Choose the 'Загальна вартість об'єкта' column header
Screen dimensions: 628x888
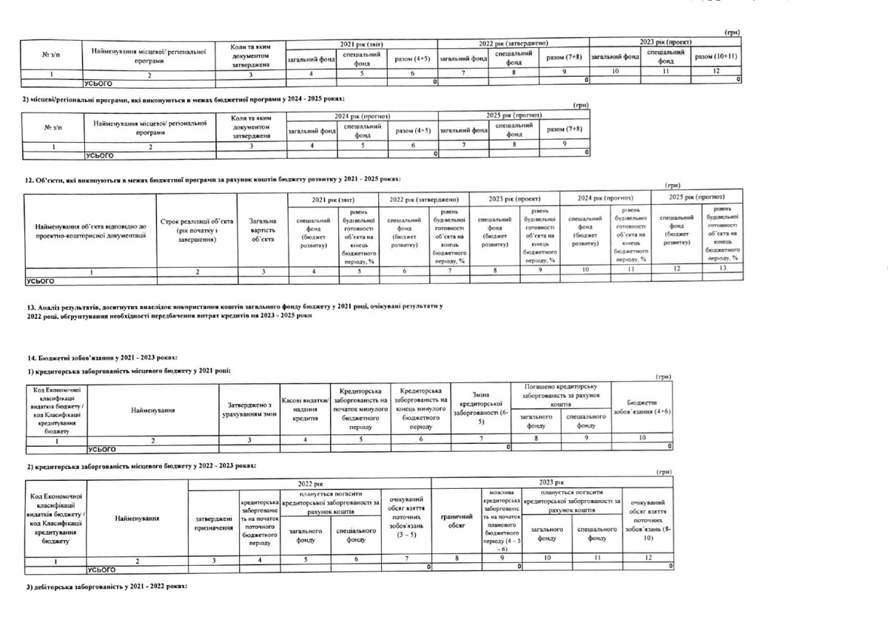coord(263,229)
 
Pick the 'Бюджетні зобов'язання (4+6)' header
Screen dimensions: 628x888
coord(642,405)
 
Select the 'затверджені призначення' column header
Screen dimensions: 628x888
coord(212,524)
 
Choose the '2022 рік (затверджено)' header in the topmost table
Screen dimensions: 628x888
coord(512,45)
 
